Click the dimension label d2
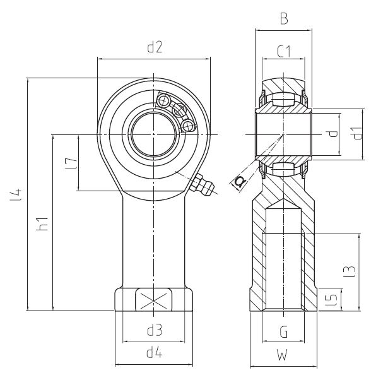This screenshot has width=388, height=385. click(155, 47)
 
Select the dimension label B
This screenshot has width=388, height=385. click(284, 19)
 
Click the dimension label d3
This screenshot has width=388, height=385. click(155, 330)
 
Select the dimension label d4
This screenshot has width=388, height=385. click(155, 353)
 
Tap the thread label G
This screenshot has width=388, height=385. click(284, 330)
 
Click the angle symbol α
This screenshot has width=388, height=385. click(240, 182)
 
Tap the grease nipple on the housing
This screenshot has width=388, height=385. click(202, 186)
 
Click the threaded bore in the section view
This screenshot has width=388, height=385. click(283, 271)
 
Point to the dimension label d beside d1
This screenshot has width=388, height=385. click(332, 133)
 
